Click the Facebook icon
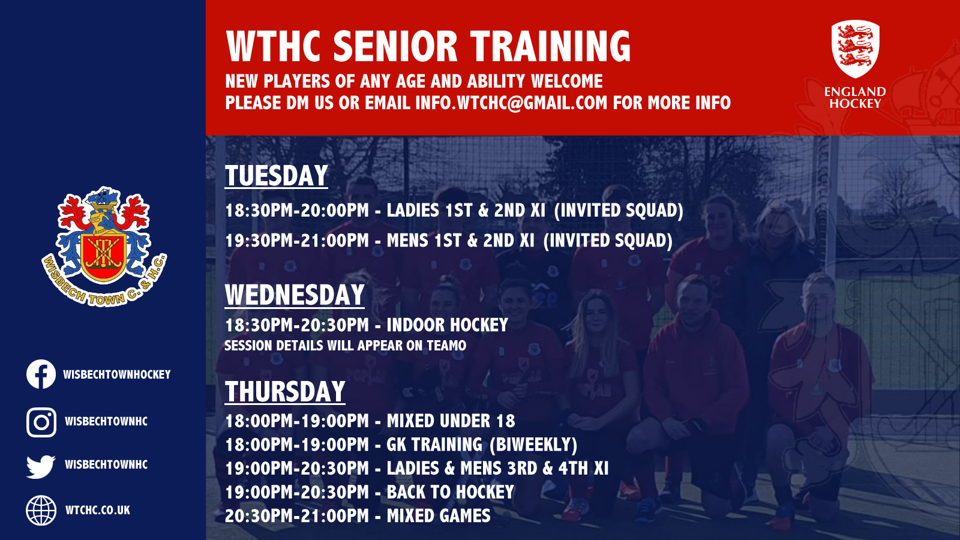coord(41,374)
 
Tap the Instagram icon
coord(41,422)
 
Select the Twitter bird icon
coord(41,466)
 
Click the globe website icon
coord(41,511)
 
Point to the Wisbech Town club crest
coord(104,246)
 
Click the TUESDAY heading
coord(276,176)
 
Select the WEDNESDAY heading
coord(295,295)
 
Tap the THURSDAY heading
coord(285,392)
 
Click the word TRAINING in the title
coord(550,47)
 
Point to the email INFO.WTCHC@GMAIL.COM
coord(511,103)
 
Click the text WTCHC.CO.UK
coord(98,511)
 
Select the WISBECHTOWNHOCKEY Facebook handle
coord(117,374)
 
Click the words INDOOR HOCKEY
coord(447,325)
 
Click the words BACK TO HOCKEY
coord(450,492)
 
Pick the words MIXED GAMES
coord(439,516)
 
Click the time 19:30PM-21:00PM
coord(297,241)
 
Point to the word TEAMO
coord(446,346)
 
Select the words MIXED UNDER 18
coord(451,421)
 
